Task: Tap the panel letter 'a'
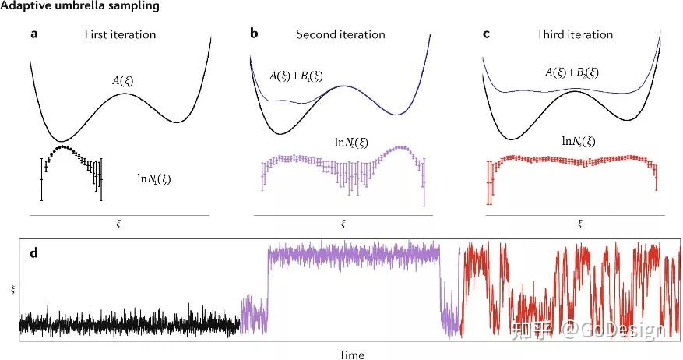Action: pos(34,34)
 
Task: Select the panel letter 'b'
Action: pos(255,34)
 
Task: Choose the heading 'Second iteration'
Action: pos(340,34)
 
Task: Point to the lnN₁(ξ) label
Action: pos(154,178)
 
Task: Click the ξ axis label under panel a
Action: pos(118,224)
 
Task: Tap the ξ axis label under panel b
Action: pos(343,224)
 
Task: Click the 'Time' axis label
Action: pos(351,355)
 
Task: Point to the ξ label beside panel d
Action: pos(12,289)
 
